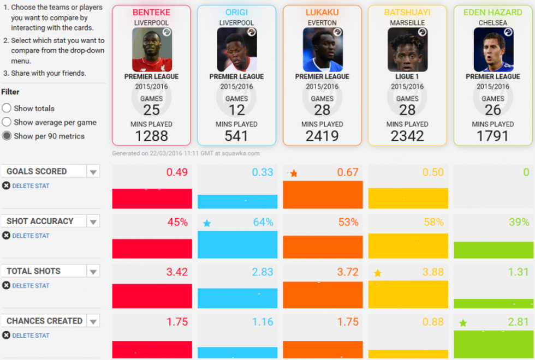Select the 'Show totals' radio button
point(7,108)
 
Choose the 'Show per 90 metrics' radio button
point(7,136)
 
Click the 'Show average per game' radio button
point(7,122)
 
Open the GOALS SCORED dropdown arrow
point(93,172)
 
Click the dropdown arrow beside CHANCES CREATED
point(93,321)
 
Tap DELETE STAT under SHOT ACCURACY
point(31,236)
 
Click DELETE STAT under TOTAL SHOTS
point(31,286)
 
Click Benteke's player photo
point(152,50)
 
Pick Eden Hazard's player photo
point(493,50)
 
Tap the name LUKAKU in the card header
point(322,12)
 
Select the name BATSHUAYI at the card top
point(407,12)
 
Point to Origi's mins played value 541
point(237,136)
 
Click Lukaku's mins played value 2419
point(322,136)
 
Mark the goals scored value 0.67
point(348,172)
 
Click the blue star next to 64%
point(207,223)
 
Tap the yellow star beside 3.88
point(377,273)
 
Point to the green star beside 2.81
point(463,323)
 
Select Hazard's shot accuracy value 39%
point(518,222)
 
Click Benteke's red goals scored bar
point(152,199)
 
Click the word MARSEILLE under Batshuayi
point(407,23)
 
